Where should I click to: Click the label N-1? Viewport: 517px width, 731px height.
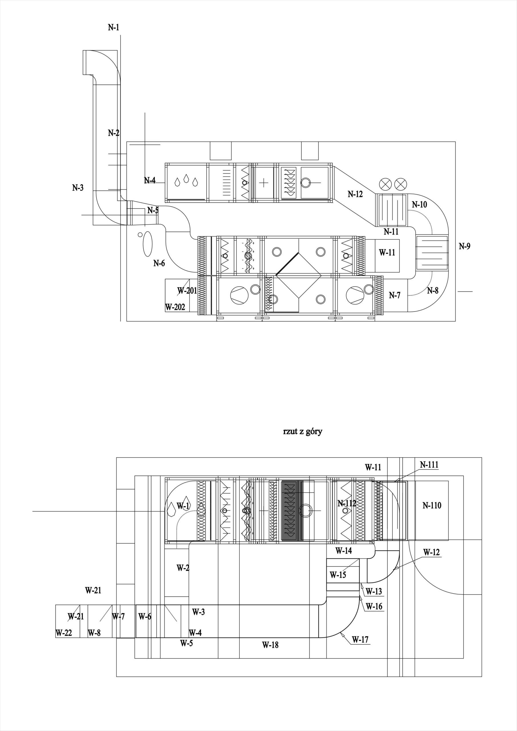(113, 27)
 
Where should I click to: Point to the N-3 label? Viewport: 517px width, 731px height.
(78, 188)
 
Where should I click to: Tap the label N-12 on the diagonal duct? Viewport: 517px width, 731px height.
(355, 194)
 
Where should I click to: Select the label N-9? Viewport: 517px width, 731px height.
(464, 246)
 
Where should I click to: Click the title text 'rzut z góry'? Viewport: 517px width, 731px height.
(302, 432)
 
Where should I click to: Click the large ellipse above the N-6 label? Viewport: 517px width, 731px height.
(147, 244)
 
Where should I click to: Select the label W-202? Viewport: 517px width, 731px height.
(175, 307)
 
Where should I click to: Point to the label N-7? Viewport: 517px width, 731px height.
(395, 296)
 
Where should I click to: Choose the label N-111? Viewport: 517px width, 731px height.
(429, 465)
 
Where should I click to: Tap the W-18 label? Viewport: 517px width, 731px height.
(270, 645)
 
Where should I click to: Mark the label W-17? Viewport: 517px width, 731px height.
(360, 640)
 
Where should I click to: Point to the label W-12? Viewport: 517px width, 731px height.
(432, 552)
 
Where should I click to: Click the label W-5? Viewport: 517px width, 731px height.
(186, 643)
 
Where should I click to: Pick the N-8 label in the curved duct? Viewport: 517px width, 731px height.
(432, 290)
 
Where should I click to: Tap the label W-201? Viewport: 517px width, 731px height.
(187, 290)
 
